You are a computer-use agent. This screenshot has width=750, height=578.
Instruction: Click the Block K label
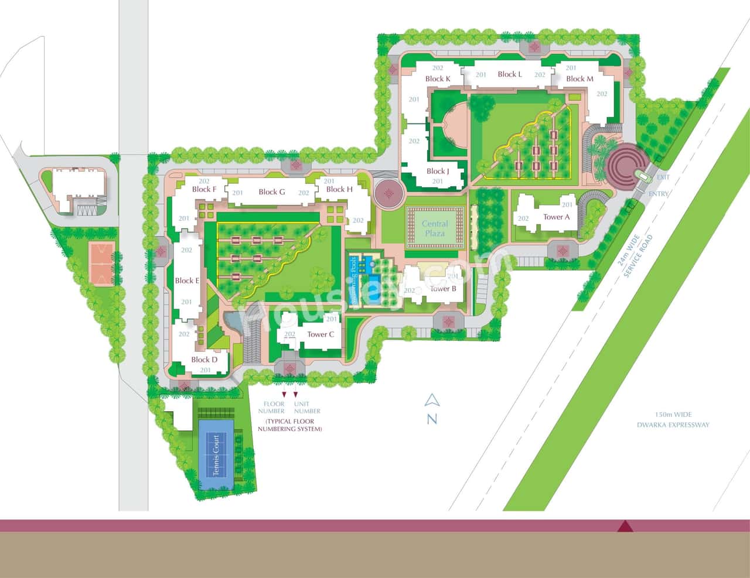pyautogui.click(x=438, y=78)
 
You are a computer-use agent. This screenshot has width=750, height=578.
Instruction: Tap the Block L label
pyautogui.click(x=510, y=74)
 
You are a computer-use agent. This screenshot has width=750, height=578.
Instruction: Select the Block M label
pyautogui.click(x=579, y=78)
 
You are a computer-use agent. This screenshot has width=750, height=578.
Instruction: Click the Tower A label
pyautogui.click(x=556, y=217)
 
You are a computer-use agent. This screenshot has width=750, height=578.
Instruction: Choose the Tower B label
pyautogui.click(x=443, y=289)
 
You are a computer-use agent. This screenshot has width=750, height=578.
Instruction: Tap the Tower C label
pyautogui.click(x=321, y=334)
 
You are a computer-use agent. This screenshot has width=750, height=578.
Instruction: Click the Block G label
pyautogui.click(x=272, y=191)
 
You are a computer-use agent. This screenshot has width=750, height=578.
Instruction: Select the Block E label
pyautogui.click(x=187, y=281)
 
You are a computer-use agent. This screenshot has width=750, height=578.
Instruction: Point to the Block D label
pyautogui.click(x=204, y=360)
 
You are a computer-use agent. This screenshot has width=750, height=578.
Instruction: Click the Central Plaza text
pyautogui.click(x=435, y=228)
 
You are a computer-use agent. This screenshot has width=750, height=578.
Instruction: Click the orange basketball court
pyautogui.click(x=101, y=263)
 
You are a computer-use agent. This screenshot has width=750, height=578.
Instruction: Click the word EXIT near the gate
pyautogui.click(x=663, y=177)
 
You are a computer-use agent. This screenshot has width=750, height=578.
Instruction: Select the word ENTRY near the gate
pyautogui.click(x=660, y=194)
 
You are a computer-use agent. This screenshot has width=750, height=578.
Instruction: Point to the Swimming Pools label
pyautogui.click(x=354, y=279)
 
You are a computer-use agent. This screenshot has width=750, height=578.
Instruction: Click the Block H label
pyautogui.click(x=339, y=189)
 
